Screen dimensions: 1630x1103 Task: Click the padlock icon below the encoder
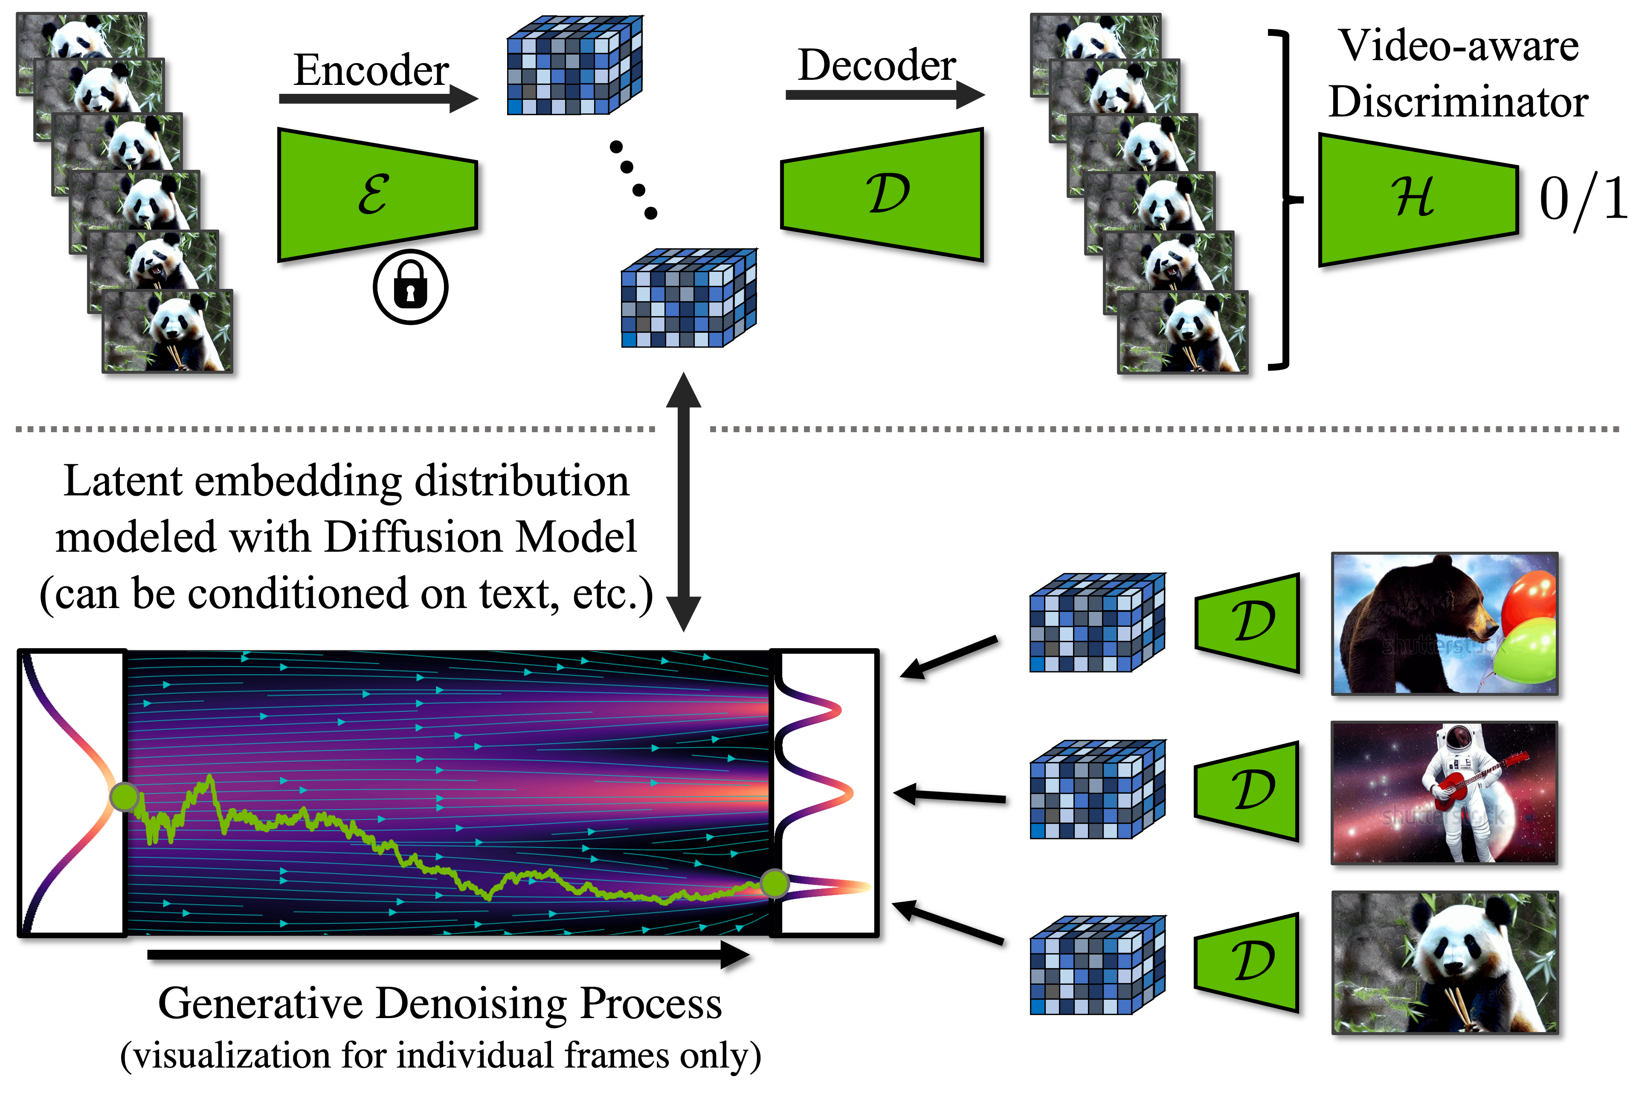click(410, 287)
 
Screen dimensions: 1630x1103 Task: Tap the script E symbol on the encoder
click(374, 194)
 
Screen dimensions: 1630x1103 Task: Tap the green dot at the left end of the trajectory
click(125, 797)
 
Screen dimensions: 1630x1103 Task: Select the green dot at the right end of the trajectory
click(774, 884)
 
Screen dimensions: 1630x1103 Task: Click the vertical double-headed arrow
click(684, 502)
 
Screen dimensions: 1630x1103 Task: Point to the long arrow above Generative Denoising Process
click(449, 955)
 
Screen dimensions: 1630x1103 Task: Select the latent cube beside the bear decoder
click(1098, 623)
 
